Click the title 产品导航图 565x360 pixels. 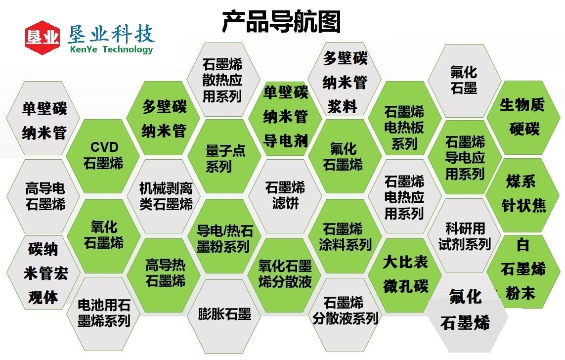coord(281,22)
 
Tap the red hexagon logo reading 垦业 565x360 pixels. coord(42,38)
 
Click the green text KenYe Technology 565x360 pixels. coord(112,49)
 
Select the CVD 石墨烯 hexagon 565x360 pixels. coord(103,156)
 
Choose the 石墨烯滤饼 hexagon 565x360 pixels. coord(285,196)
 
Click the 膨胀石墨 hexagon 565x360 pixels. coord(224,315)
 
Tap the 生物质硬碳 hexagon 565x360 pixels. coord(523,118)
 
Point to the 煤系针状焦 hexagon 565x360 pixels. coord(523,195)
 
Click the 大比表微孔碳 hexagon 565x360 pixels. coord(405,274)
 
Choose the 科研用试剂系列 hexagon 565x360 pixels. coord(465,235)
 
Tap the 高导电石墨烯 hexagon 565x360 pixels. coord(43,196)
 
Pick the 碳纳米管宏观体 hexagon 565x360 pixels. coord(43,272)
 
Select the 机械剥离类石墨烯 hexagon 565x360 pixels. coord(164,196)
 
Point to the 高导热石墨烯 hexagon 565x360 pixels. coord(164,274)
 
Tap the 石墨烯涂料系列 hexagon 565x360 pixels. coord(345,236)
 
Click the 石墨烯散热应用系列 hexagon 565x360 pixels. coord(223,79)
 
